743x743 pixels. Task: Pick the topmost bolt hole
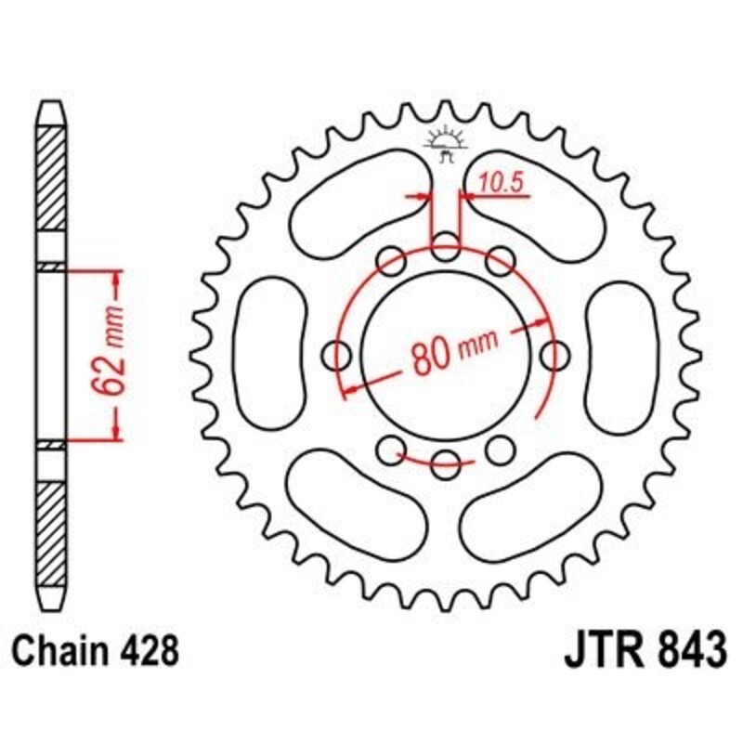[x=447, y=249]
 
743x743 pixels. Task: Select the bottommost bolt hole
[x=447, y=459]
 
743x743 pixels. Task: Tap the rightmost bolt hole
[x=555, y=354]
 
